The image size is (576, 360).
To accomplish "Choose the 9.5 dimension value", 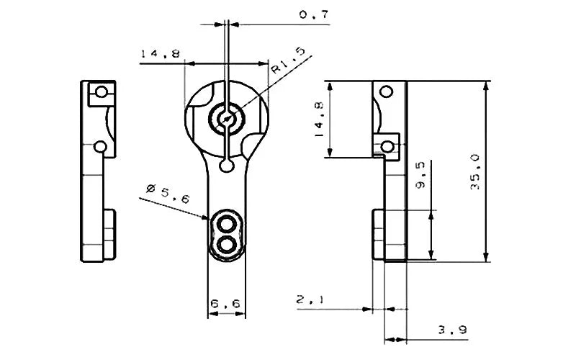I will (421, 174).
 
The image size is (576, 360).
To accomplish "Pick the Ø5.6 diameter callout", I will (166, 192).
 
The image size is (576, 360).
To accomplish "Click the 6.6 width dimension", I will (226, 305).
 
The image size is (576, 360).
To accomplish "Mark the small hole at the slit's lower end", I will (228, 167).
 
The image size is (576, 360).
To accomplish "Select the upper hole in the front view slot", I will (228, 222).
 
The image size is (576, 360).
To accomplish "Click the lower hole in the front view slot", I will (228, 244).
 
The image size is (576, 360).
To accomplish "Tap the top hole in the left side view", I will (102, 92).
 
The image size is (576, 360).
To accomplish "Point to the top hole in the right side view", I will (387, 91).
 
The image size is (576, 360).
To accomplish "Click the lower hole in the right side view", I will (388, 147).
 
